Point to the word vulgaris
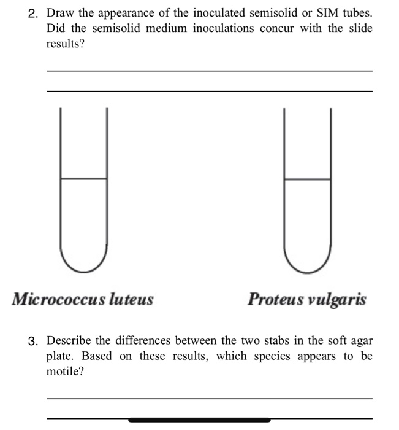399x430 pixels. click(x=336, y=300)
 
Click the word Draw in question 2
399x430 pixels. click(x=59, y=13)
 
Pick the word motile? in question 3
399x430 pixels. click(x=65, y=372)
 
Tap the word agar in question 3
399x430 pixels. click(x=360, y=340)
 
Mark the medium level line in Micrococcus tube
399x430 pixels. click(x=84, y=179)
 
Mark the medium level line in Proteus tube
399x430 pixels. click(x=308, y=179)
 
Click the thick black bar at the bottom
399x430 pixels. click(x=200, y=420)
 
